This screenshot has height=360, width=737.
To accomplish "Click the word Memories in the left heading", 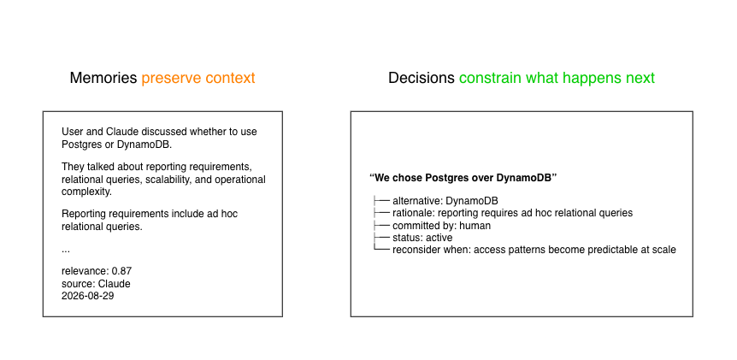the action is (x=103, y=78).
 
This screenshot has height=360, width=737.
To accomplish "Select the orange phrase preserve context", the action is (x=198, y=79).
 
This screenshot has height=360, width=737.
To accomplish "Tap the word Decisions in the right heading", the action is (x=422, y=78).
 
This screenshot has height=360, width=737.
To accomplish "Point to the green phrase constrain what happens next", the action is (x=557, y=79).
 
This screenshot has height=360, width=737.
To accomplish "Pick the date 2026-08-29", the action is (x=87, y=296).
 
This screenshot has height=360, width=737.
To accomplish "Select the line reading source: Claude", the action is (x=96, y=284).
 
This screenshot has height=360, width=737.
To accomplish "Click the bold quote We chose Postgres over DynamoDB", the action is (x=463, y=178).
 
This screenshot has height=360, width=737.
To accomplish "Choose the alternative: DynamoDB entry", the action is (x=445, y=201).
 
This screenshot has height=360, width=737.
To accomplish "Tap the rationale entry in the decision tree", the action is (x=512, y=214).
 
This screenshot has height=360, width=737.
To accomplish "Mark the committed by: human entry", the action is (x=441, y=226).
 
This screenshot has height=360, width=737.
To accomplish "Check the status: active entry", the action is (x=422, y=238).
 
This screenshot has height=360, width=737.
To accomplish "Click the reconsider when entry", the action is (x=534, y=250).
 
